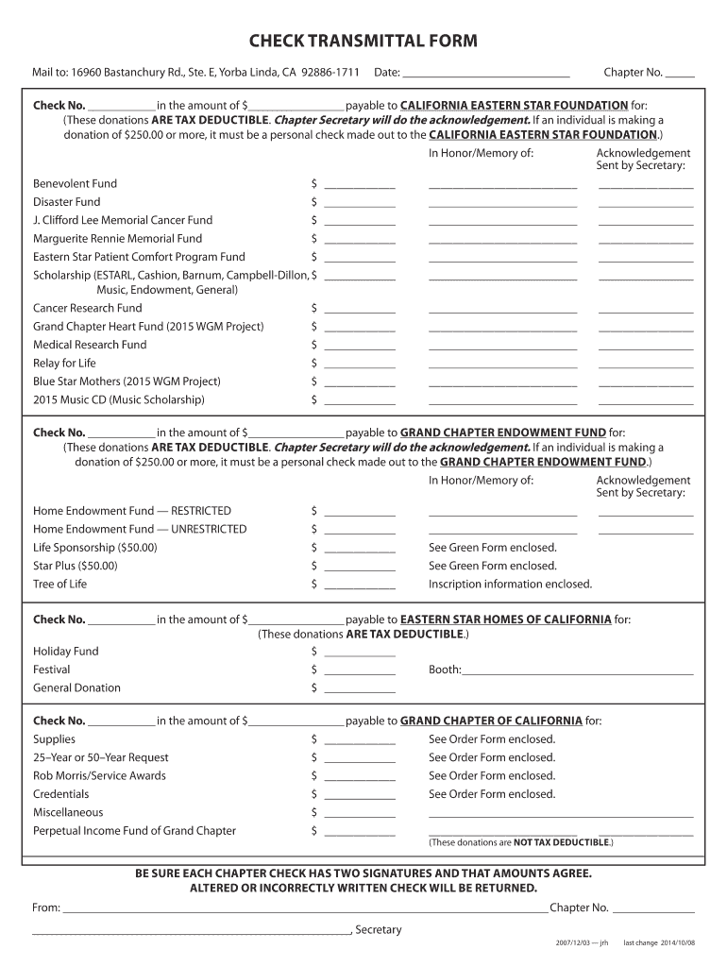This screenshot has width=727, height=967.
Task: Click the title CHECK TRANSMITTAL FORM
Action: (x=363, y=41)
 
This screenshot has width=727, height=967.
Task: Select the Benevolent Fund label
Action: (x=76, y=183)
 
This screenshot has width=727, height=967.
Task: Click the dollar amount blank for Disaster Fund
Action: (x=359, y=203)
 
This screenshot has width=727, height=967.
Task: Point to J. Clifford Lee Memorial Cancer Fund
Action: (x=123, y=220)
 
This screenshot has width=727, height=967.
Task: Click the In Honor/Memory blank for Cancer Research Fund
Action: (x=502, y=309)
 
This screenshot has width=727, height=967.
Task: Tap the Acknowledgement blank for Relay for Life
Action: (x=646, y=365)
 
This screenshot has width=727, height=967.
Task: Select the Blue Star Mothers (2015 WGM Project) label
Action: (x=127, y=382)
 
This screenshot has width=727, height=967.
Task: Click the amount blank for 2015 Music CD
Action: (x=359, y=401)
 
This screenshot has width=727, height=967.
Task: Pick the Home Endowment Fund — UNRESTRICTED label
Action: (x=140, y=529)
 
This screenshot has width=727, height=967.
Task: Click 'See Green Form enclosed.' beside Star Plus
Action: (x=492, y=566)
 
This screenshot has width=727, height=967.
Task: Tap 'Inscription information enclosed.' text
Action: (x=510, y=584)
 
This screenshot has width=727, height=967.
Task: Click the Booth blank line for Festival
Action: (x=577, y=671)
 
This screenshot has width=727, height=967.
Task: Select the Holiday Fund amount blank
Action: (x=359, y=653)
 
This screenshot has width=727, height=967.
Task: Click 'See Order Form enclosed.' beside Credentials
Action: (x=492, y=794)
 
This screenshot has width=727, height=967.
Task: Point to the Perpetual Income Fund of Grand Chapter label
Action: (x=134, y=831)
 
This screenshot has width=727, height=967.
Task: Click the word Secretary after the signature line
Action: (x=379, y=929)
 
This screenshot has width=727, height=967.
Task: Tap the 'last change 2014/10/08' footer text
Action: (x=658, y=942)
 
